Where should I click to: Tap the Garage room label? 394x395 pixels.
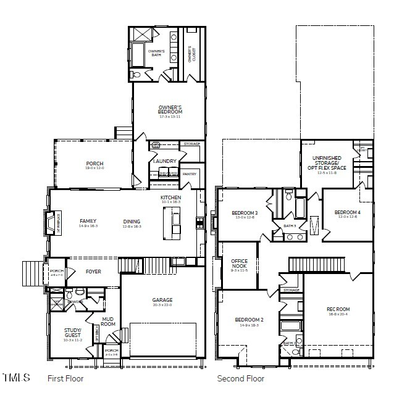[162, 301]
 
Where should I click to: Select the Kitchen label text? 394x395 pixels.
[170, 197]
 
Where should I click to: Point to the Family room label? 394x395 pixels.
[88, 221]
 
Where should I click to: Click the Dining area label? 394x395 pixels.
[132, 222]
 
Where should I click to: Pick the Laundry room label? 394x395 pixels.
[164, 161]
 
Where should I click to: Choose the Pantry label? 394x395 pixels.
[189, 174]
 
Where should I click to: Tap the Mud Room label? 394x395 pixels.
[108, 321]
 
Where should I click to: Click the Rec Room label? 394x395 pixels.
[338, 309]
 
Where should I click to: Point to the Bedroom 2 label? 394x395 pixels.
[249, 320]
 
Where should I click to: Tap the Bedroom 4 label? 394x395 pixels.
[346, 213]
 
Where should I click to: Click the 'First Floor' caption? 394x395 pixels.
[65, 378]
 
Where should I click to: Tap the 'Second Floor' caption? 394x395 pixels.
[240, 378]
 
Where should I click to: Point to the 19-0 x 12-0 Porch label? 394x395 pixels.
[94, 164]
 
